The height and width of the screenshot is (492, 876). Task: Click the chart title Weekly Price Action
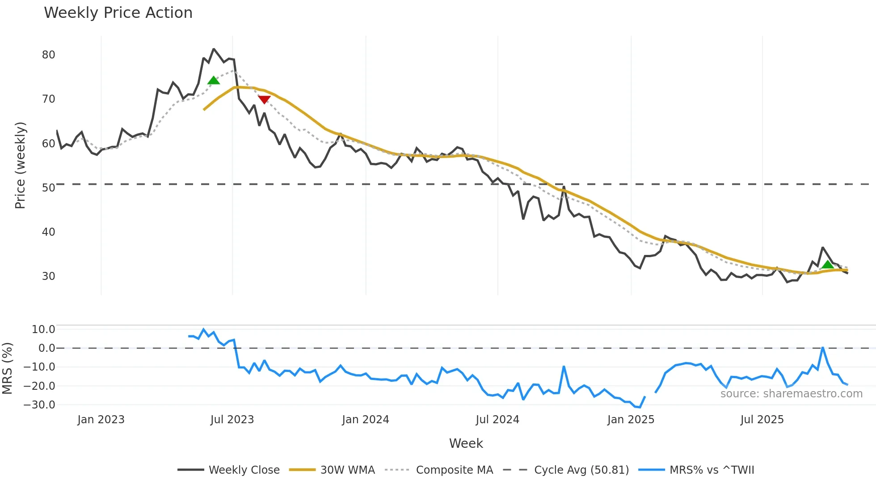pyautogui.click(x=118, y=13)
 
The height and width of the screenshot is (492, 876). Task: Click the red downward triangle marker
pyautogui.click(x=264, y=99)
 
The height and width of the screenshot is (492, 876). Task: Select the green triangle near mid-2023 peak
pyautogui.click(x=214, y=80)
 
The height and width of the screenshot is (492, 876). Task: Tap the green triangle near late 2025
pyautogui.click(x=828, y=264)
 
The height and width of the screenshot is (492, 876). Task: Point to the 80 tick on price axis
pyautogui.click(x=48, y=55)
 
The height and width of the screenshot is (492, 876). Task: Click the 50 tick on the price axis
pyautogui.click(x=48, y=188)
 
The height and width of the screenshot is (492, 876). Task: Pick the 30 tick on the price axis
pyautogui.click(x=48, y=276)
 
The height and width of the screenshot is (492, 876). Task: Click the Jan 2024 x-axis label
pyautogui.click(x=365, y=420)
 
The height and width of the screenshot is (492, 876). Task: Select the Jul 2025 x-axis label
pyautogui.click(x=762, y=420)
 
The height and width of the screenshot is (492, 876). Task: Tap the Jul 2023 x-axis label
pyautogui.click(x=232, y=420)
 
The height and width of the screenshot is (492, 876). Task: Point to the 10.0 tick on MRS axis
pyautogui.click(x=43, y=329)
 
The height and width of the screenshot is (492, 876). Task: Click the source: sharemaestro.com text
pyautogui.click(x=791, y=394)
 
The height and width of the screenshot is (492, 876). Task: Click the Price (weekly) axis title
pyautogui.click(x=20, y=165)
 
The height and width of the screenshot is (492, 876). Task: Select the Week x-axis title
pyautogui.click(x=466, y=443)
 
